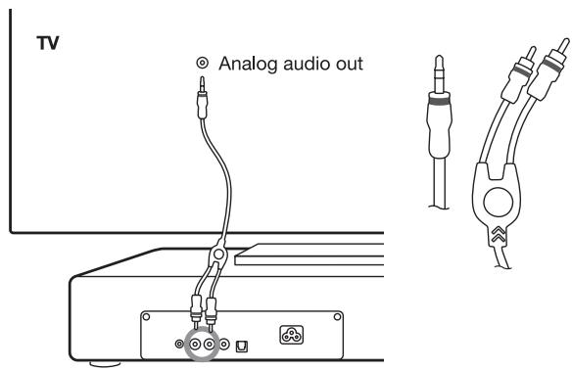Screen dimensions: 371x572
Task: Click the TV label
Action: point(47,46)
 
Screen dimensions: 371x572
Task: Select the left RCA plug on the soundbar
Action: point(205,309)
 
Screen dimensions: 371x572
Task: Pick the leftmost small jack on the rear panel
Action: point(178,346)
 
